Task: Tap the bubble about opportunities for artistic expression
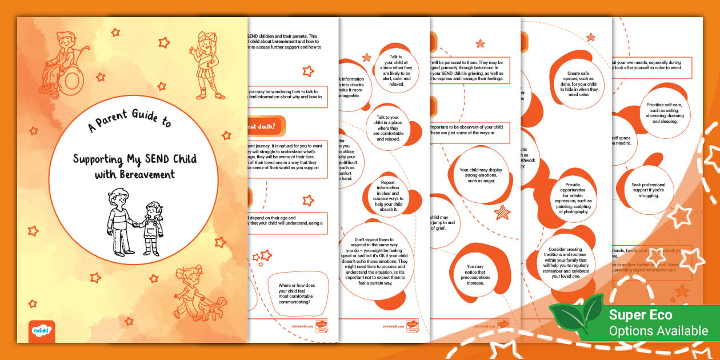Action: (x=572, y=198)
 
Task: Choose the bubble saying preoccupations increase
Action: (x=475, y=274)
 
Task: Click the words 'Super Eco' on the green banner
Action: (x=641, y=315)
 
